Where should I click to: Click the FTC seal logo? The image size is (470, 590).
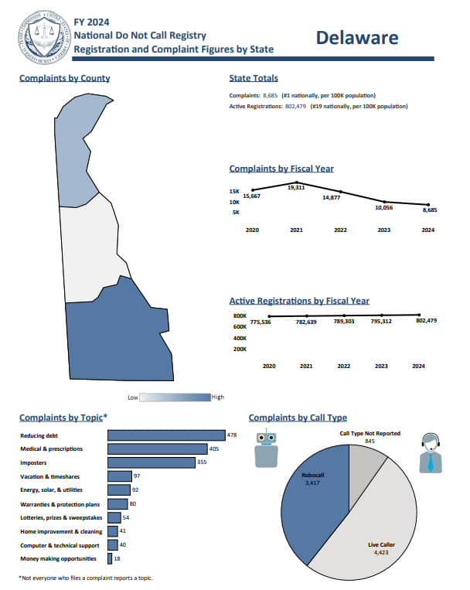[44, 36]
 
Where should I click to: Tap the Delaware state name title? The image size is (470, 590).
[357, 38]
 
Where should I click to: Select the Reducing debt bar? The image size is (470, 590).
[166, 435]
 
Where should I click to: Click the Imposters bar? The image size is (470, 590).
[152, 462]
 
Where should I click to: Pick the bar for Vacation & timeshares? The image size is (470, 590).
[120, 476]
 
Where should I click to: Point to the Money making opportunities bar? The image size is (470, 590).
[110, 559]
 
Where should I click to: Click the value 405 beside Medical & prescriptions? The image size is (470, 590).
[213, 448]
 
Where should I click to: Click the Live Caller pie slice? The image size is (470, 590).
[373, 527]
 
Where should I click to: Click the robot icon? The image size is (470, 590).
[267, 448]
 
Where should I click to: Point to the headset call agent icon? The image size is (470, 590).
[431, 453]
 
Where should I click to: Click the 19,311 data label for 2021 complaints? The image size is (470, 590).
[296, 187]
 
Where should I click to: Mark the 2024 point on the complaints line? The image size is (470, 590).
[428, 205]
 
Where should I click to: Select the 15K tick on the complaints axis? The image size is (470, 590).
[234, 192]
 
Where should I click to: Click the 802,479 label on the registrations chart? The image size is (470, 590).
[427, 321]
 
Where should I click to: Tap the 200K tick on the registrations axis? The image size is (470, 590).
[240, 350]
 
